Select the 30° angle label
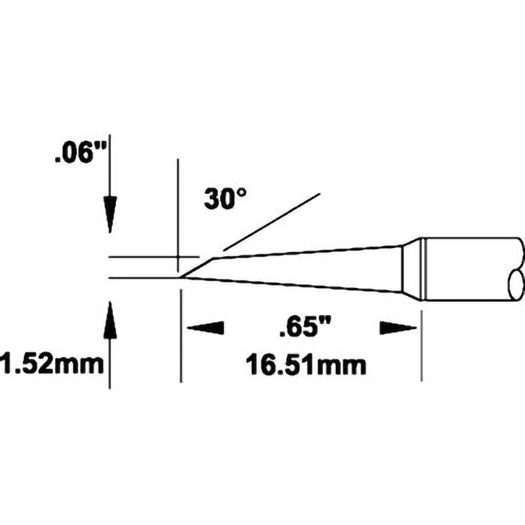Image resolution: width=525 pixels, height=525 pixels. [x=225, y=199]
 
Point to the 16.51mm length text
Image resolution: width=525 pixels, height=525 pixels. [x=305, y=365]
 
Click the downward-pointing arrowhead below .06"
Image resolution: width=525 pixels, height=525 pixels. [x=110, y=215]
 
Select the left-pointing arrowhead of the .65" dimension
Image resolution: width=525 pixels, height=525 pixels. [x=205, y=327]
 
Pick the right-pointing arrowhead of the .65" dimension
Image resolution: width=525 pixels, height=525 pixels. [x=398, y=327]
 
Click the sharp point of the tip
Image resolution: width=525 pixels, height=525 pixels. [x=180, y=278]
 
